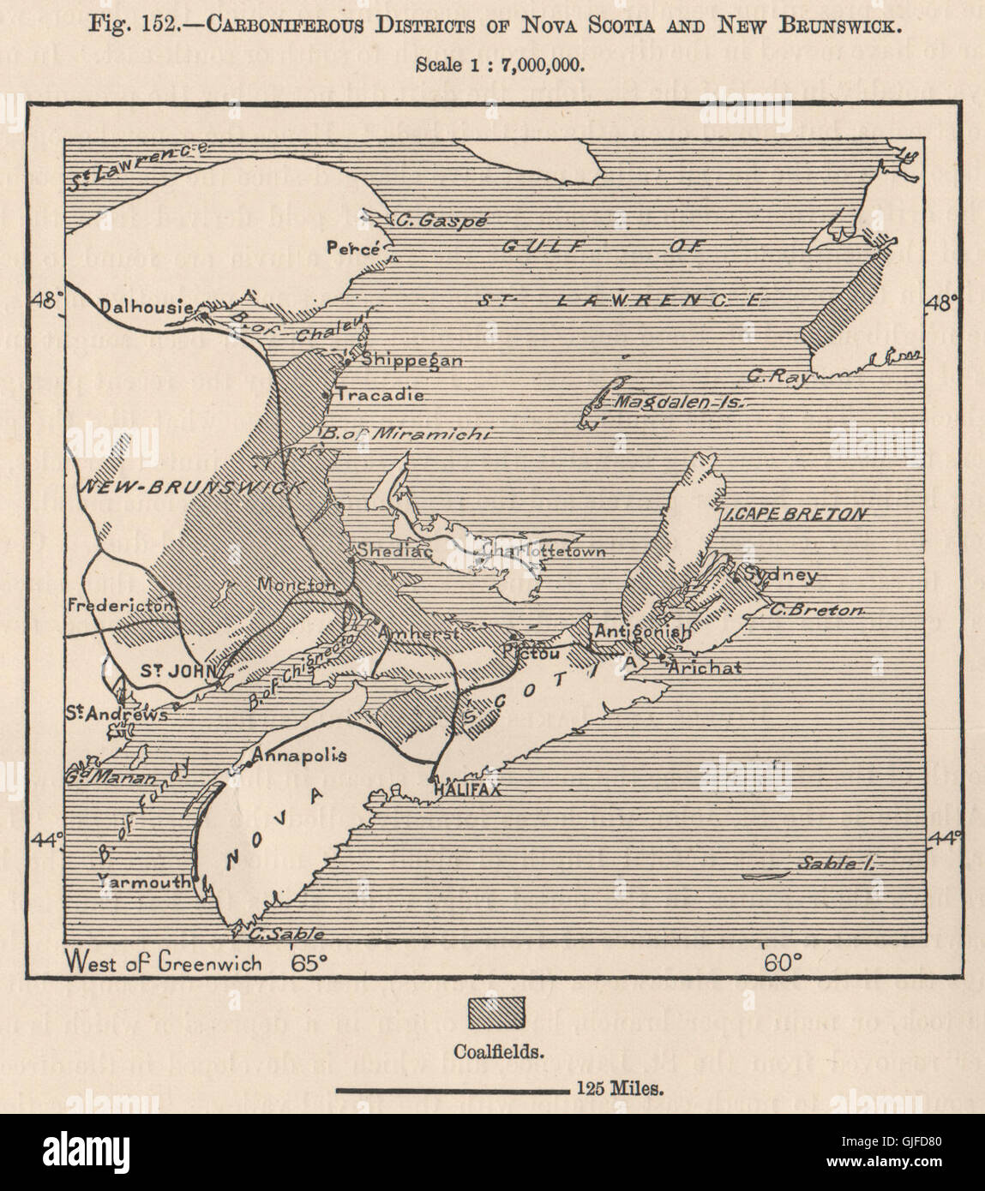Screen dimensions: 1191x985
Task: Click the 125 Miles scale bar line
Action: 449,1091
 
